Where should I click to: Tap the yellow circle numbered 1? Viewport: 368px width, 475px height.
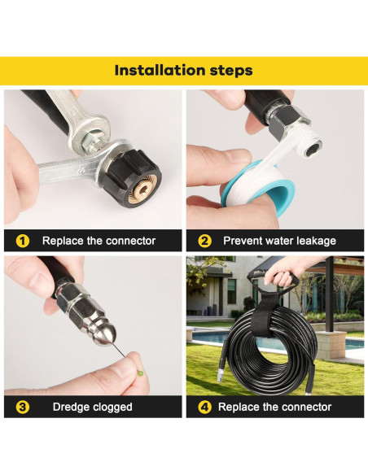tap(23, 241)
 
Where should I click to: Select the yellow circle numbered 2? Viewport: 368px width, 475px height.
tap(205, 241)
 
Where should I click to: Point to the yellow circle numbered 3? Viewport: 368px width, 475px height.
tap(23, 407)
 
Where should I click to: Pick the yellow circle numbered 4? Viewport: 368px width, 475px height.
tap(205, 407)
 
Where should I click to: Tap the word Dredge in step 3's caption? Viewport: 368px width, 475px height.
tap(72, 407)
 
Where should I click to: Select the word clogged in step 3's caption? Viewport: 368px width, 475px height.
tap(115, 407)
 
